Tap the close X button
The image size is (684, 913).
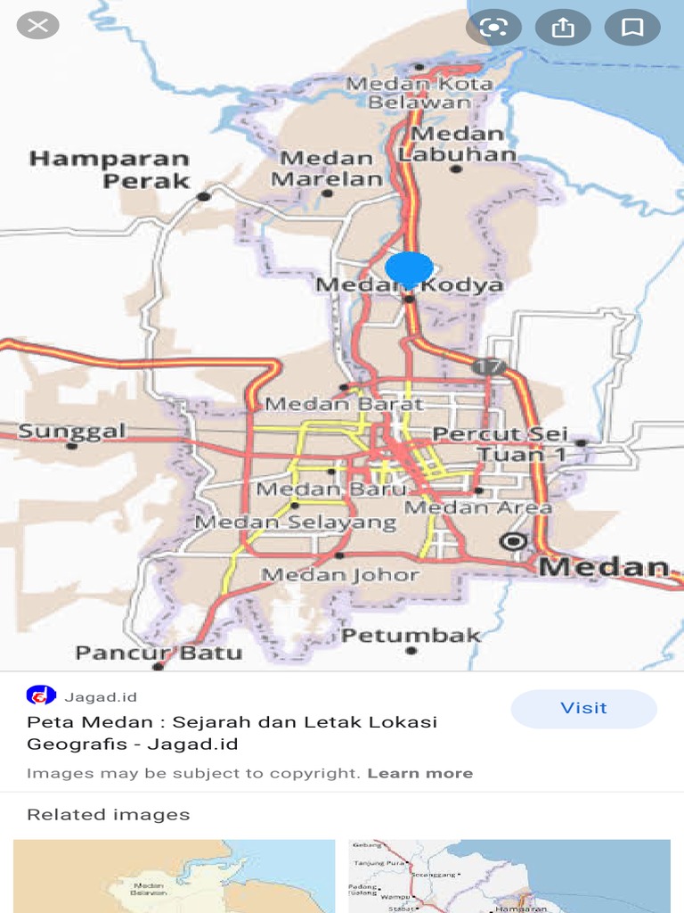coord(38,25)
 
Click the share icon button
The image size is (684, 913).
coord(563,28)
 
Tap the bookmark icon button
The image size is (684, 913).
coord(632,28)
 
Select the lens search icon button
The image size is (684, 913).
coord(493,28)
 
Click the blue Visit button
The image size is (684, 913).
coord(583,708)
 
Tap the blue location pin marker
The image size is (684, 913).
coord(410,268)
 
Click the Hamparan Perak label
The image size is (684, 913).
coord(110,169)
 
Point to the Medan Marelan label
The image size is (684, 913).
coord(326,169)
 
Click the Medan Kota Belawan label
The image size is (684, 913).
coord(419,93)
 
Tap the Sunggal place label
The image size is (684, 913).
coord(72,432)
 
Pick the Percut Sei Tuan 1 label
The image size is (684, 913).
coord(501,444)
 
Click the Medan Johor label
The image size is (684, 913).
coord(340,574)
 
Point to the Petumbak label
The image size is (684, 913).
coord(411,636)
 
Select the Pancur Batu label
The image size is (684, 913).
coord(159,653)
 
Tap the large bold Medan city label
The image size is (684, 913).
coord(604,567)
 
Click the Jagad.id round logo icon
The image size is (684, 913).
coord(41,695)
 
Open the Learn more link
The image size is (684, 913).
coord(419,773)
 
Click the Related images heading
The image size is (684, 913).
coord(108,814)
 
